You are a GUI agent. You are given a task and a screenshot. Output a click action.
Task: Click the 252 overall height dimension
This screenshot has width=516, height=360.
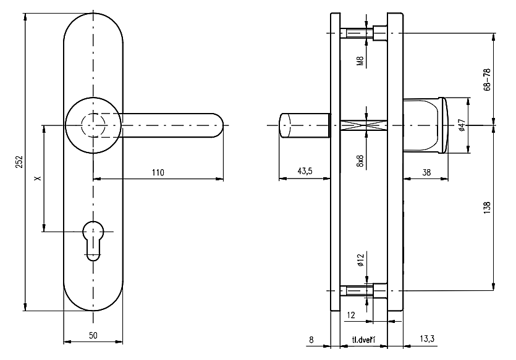[19, 162]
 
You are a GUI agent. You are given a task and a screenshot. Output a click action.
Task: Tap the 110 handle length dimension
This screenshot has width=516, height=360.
[158, 173]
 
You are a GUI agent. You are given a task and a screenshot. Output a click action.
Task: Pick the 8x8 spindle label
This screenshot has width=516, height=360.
[359, 161]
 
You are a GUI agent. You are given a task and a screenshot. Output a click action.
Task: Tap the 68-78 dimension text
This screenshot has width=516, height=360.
[486, 78]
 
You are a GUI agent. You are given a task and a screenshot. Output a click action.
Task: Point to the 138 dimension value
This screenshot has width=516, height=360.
[486, 207]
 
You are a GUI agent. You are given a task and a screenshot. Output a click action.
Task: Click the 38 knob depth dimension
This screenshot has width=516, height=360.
[426, 172]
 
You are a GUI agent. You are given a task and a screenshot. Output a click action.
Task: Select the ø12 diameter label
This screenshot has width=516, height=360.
[359, 261]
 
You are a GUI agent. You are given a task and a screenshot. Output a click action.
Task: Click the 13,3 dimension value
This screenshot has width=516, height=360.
[426, 338]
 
